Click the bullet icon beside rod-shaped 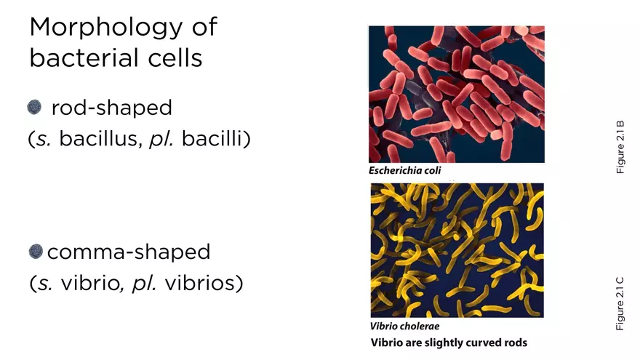(x=34, y=108)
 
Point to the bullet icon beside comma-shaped (x=36, y=252)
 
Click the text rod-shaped (x=111, y=108)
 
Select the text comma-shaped (x=128, y=252)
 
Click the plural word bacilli (x=216, y=138)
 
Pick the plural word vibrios (x=204, y=282)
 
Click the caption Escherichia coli (x=405, y=171)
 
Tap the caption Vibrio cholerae (x=404, y=327)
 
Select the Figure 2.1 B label (x=620, y=146)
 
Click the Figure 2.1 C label (x=620, y=303)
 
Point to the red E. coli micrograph (x=457, y=94)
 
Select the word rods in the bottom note (x=513, y=343)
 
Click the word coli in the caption (x=431, y=171)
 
